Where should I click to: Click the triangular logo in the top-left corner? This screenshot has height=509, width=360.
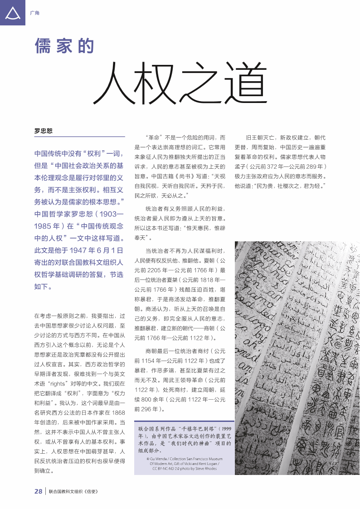[x=12, y=12]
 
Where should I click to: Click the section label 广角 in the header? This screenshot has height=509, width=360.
[x=34, y=13]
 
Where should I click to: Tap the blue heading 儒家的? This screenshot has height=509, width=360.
[x=64, y=46]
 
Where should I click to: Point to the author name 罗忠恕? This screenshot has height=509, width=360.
[x=43, y=131]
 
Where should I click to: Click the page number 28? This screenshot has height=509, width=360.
[x=39, y=491]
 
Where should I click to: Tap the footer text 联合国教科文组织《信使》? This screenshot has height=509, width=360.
[x=73, y=492]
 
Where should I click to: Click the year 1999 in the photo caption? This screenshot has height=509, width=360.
[x=226, y=428]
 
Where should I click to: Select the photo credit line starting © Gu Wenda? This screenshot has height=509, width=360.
[x=185, y=459]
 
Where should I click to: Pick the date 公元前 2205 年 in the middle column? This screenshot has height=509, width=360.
[x=154, y=270]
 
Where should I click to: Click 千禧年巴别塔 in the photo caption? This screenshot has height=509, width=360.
[x=196, y=428]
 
